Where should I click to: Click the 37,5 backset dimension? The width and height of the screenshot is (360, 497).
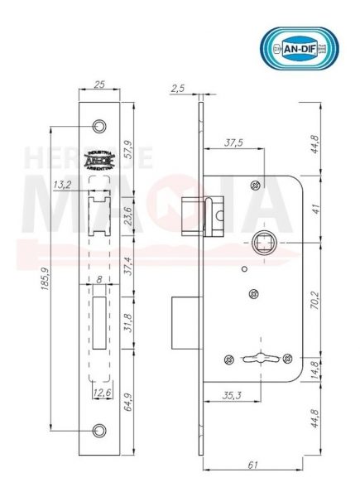tap(233, 142)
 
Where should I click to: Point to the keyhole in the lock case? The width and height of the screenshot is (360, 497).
tap(256, 358)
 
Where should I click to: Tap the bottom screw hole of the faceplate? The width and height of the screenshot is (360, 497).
tap(101, 430)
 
